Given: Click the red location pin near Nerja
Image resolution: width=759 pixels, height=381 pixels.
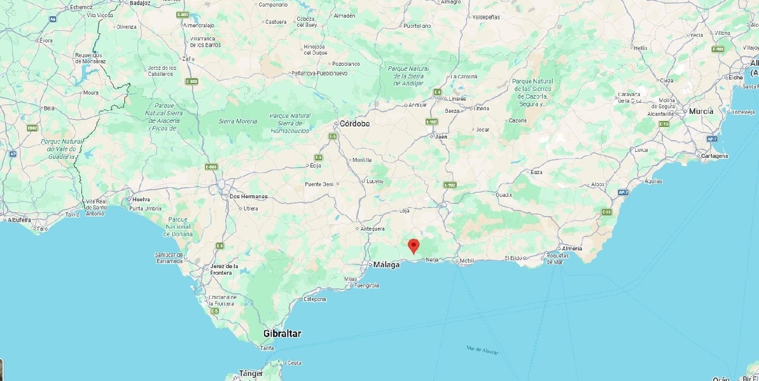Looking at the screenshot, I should (414, 245).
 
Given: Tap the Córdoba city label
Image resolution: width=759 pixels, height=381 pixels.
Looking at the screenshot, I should (354, 123).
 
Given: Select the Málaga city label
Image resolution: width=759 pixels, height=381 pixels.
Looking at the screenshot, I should (387, 265).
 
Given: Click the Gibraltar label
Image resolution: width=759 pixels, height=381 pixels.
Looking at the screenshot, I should (282, 333).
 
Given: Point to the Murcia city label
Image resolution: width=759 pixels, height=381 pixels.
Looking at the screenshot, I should (701, 111).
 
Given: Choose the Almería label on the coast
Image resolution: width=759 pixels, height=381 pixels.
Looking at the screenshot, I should (572, 248).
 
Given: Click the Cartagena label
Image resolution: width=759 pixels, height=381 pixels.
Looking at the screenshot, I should (714, 156).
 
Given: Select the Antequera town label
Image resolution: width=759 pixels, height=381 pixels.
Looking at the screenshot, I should (372, 229).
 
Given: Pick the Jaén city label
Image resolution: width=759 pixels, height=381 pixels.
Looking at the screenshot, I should (441, 137).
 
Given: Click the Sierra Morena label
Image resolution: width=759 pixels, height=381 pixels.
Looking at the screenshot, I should (238, 121).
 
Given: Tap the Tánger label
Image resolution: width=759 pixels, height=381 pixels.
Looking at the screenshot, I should (251, 373).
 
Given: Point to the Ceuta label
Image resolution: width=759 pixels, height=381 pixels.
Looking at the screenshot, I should (294, 363).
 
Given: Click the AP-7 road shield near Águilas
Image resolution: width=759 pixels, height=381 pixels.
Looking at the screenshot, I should (623, 192).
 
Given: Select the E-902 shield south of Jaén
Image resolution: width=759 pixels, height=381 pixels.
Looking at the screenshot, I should (450, 185).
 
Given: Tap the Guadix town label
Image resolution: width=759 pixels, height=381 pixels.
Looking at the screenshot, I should (503, 195).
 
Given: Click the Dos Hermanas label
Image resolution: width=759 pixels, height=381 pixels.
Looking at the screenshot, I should (248, 196).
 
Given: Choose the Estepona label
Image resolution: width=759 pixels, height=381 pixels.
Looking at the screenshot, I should (315, 299).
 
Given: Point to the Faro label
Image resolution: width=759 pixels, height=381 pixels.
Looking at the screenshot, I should (43, 229).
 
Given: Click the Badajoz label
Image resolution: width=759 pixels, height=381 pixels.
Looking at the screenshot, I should (140, 3).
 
